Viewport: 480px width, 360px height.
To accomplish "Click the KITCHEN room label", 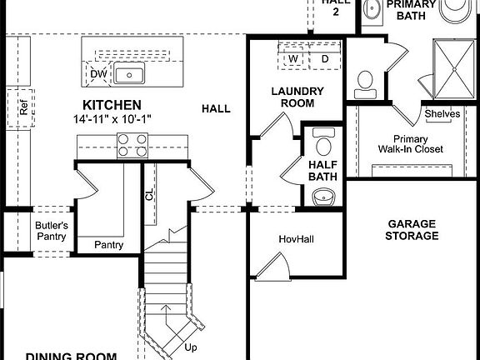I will [111, 105].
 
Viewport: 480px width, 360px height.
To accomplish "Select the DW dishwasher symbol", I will [97, 74].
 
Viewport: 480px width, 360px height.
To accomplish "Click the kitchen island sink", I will [130, 75].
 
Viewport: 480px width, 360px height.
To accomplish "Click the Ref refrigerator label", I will [23, 108].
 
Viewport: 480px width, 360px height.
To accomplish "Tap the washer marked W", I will [293, 59].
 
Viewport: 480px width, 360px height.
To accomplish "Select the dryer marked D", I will [324, 59].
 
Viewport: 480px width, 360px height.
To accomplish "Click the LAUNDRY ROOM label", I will [292, 97].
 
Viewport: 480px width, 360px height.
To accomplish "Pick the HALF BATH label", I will [322, 171].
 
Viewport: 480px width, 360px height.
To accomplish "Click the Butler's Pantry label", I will [51, 231].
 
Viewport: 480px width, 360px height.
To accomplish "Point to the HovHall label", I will [294, 239].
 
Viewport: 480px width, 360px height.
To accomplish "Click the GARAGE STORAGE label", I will [412, 229].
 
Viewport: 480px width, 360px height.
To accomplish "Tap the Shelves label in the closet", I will [442, 113].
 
